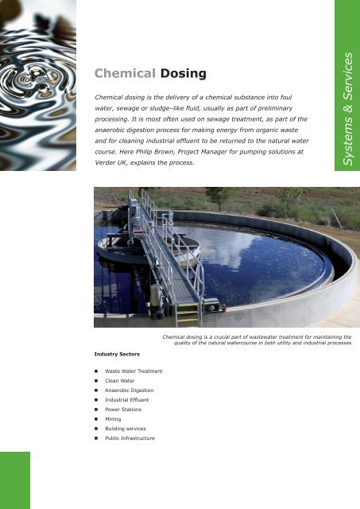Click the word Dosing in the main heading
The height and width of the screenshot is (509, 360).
(x=183, y=74)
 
